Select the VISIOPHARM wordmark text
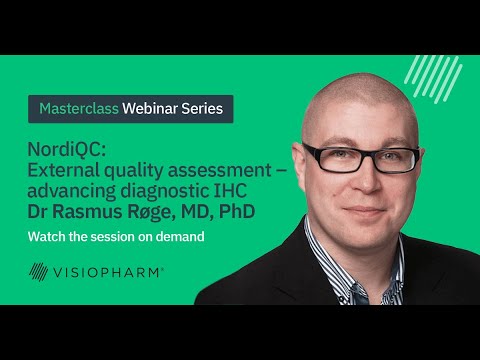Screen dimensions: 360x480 pos(110,271)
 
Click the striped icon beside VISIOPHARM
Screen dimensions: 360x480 pos(39,271)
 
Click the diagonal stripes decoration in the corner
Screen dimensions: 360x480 pos(436,76)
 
